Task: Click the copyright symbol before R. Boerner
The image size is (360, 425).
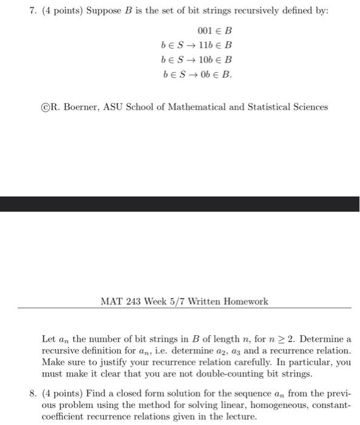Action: coord(37,107)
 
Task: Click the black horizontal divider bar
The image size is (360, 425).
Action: coord(180,203)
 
